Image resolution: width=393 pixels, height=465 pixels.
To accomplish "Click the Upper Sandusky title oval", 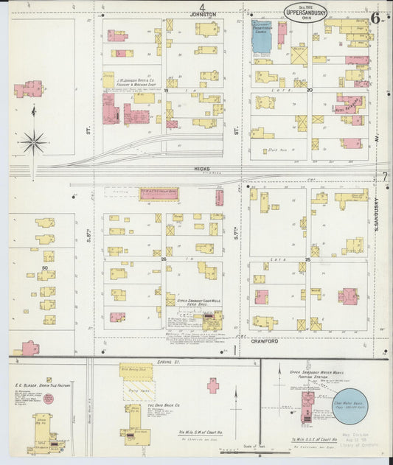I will point(305,11).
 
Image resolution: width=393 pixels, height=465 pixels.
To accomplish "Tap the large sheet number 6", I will point(375,18).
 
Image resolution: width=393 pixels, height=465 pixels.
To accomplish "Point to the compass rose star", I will point(34,141).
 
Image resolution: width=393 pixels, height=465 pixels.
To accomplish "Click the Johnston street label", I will point(203,14).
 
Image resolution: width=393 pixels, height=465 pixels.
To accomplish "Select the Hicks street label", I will point(202,169).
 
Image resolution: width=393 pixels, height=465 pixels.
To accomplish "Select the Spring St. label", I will point(169,363).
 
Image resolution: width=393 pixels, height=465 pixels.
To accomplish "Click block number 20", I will point(310,90).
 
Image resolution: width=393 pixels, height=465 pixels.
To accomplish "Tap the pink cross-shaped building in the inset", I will point(213,385).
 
